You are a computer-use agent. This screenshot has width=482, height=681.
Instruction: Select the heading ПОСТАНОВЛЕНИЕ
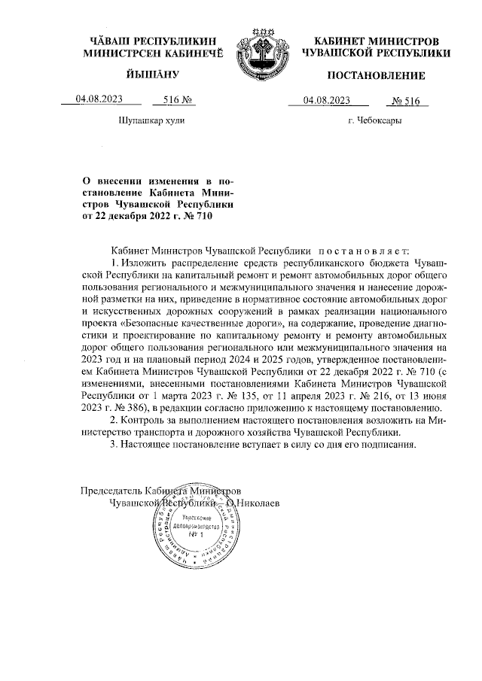coord(376,75)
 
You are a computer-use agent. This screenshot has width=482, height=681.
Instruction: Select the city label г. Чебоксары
coord(374,120)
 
